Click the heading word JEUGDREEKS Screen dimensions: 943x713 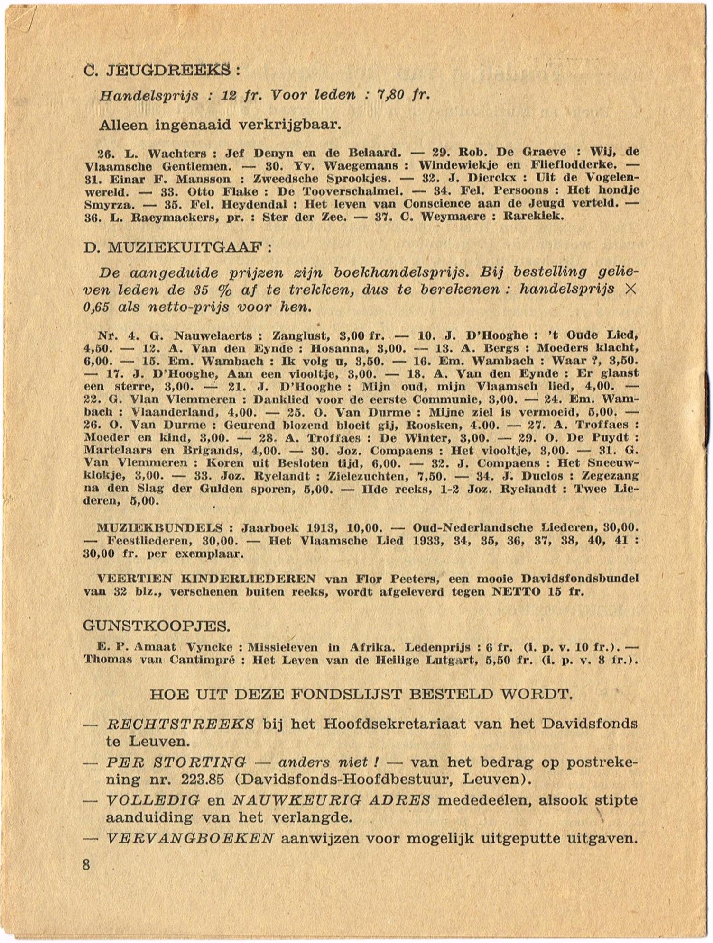tap(169, 70)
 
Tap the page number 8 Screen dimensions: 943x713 tap(86, 864)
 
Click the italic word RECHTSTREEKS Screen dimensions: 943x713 tap(181, 724)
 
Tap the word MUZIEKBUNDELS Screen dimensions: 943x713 tap(159, 527)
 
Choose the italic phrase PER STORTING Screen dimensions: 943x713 tap(176, 762)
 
